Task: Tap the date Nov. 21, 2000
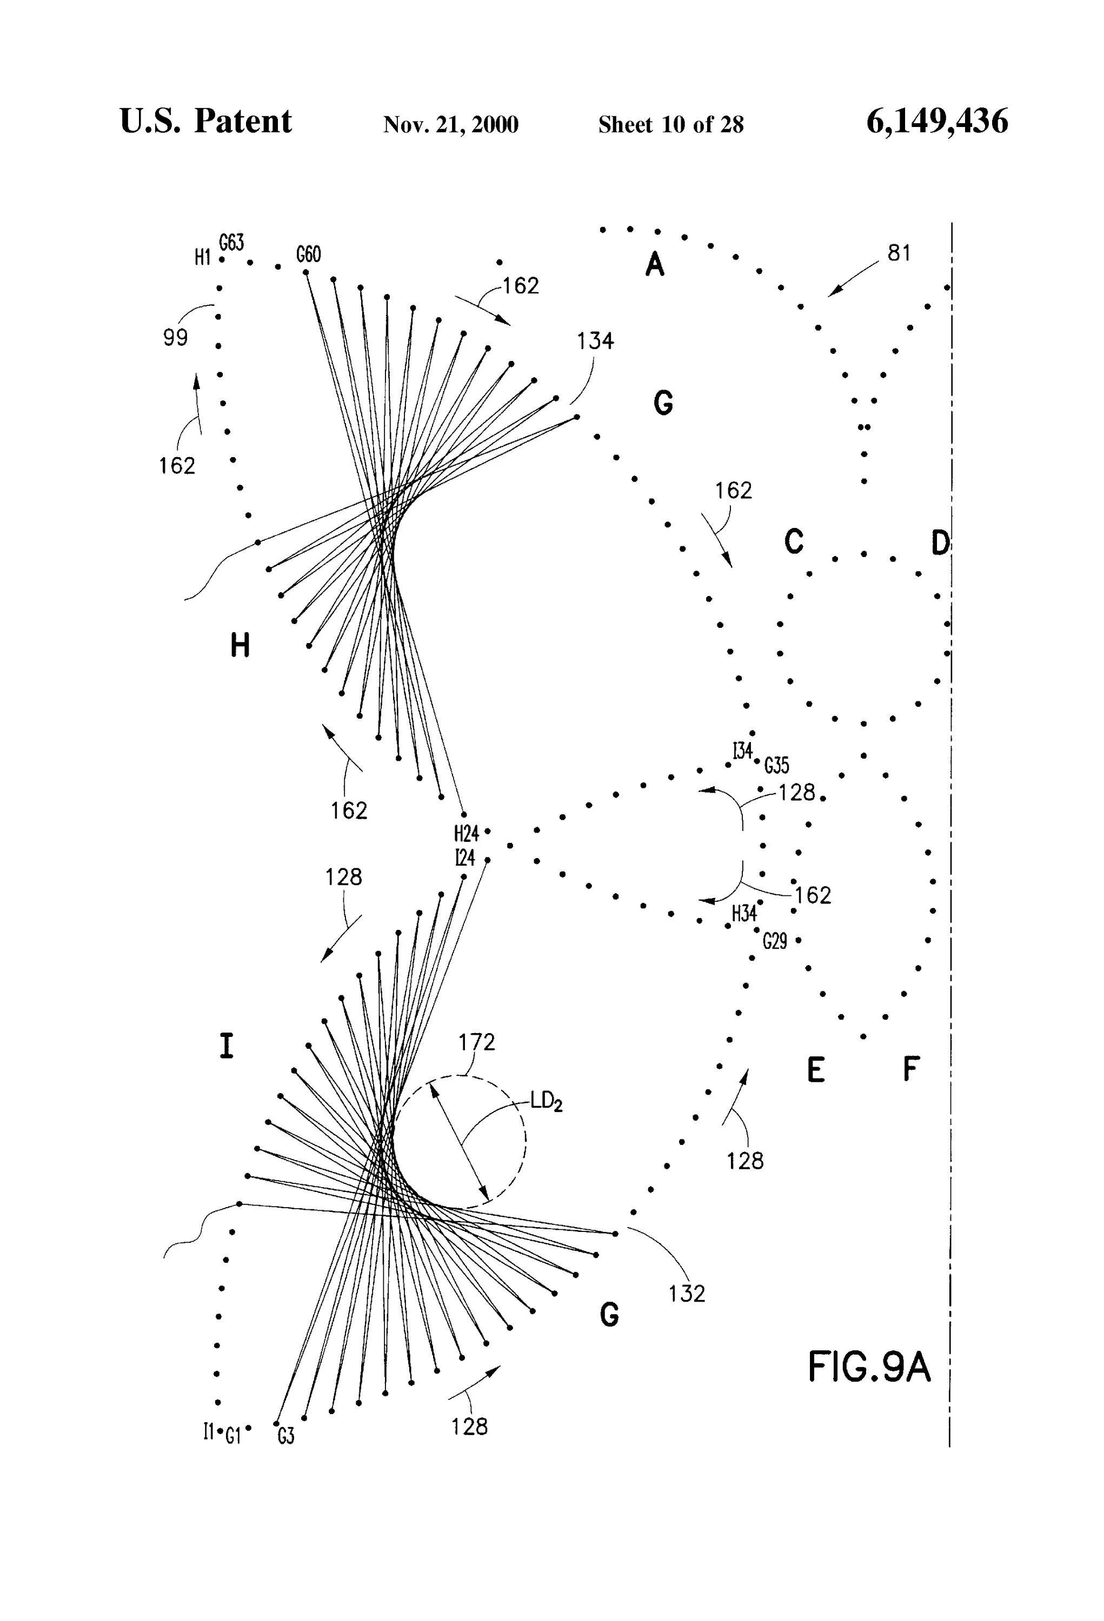pyautogui.click(x=450, y=125)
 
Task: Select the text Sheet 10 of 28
pyautogui.click(x=670, y=125)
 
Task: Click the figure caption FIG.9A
pyautogui.click(x=869, y=1368)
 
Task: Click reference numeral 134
pyautogui.click(x=595, y=340)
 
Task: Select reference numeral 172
pyautogui.click(x=477, y=1042)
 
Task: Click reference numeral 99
pyautogui.click(x=175, y=338)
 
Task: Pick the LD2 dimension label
pyautogui.click(x=547, y=1102)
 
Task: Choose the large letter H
pyautogui.click(x=240, y=647)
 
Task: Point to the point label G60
pyautogui.click(x=309, y=254)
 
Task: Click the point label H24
pyautogui.click(x=466, y=833)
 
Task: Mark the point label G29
pyautogui.click(x=775, y=942)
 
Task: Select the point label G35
pyautogui.click(x=777, y=766)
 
